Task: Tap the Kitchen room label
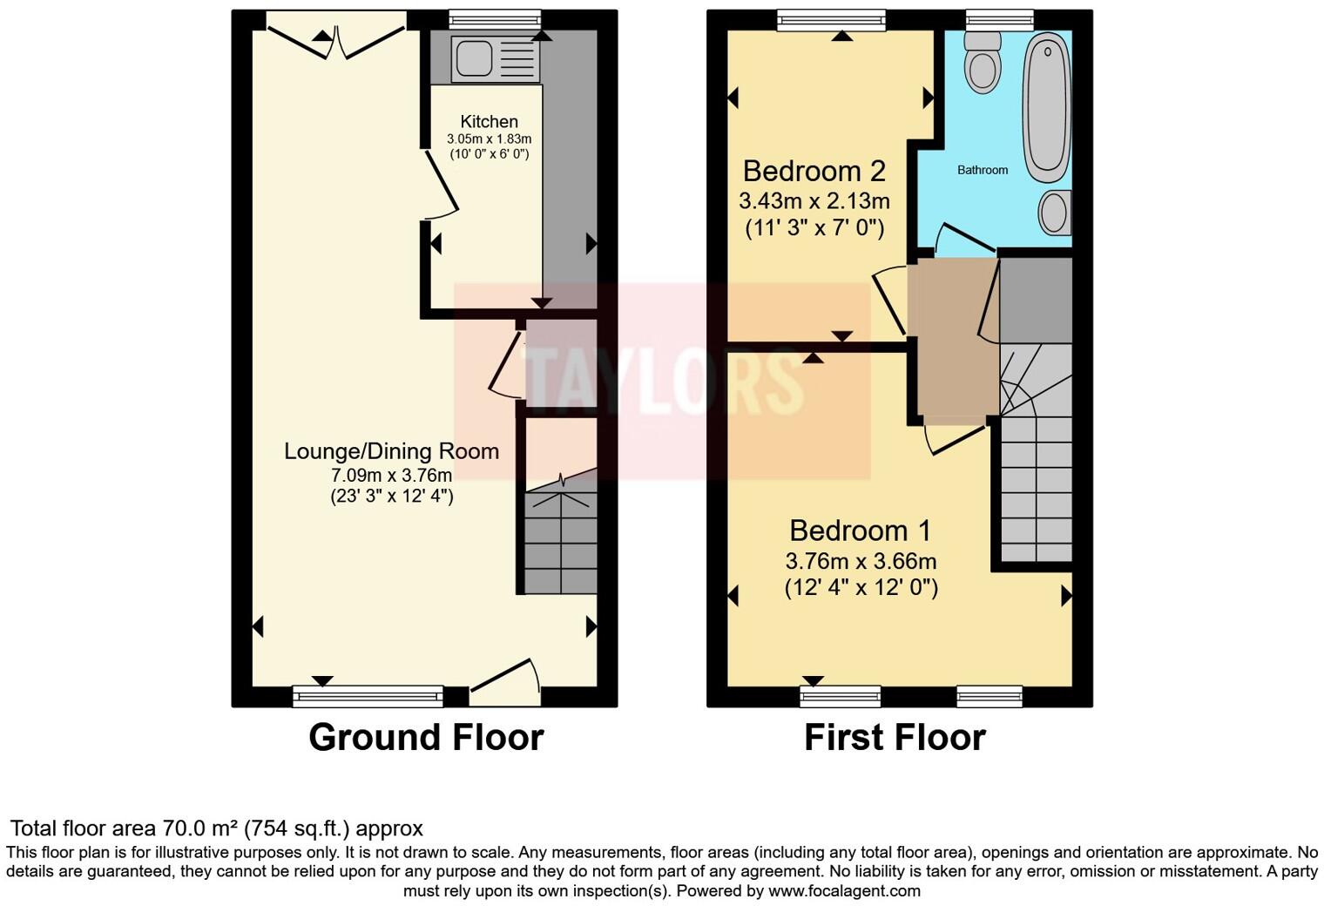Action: pos(489,122)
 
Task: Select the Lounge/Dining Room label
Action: pos(391,451)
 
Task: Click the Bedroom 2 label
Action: pos(814,170)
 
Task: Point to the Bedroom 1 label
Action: pos(860,531)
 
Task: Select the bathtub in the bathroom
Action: pos(1046,106)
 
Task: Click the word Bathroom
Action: pos(983,170)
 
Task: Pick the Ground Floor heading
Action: pos(426,737)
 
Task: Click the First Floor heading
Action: pos(895,737)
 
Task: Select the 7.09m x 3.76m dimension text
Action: pos(391,476)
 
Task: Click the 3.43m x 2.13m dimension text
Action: pos(814,202)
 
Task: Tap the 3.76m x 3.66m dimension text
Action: pos(861,561)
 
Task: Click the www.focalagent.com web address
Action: pos(844,891)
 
